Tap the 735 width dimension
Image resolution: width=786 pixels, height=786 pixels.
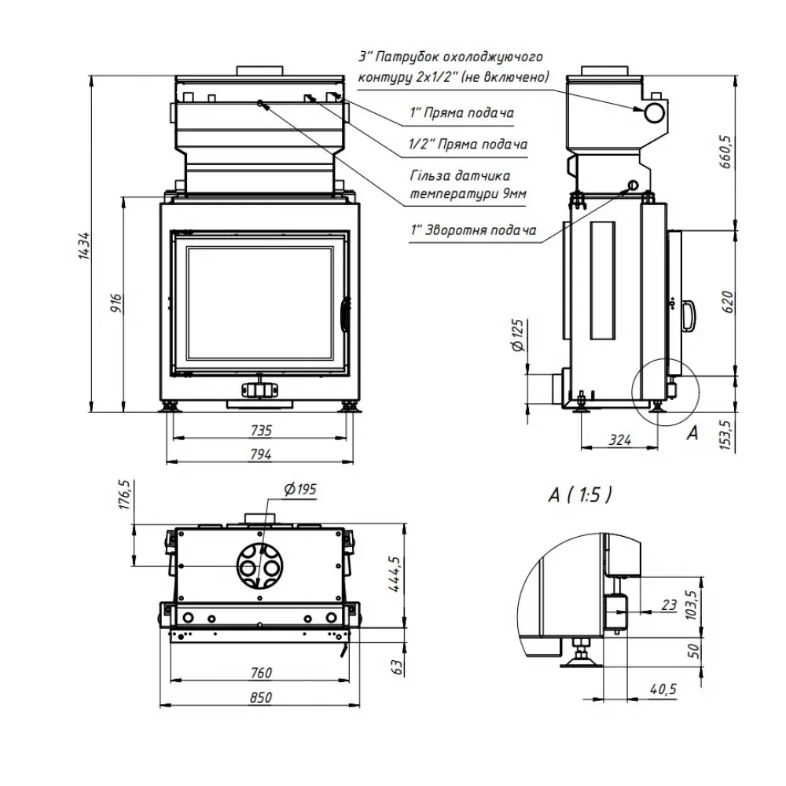[261, 430]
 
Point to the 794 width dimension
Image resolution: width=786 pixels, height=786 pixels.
[261, 454]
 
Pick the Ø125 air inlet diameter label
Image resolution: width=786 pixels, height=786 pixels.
[517, 336]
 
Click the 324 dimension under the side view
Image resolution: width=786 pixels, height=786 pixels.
[620, 440]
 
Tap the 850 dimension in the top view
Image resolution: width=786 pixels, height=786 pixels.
[261, 697]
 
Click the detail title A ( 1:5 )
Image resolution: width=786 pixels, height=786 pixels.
[580, 494]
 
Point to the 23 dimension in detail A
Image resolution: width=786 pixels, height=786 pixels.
[669, 605]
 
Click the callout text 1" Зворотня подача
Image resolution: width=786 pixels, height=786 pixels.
[473, 230]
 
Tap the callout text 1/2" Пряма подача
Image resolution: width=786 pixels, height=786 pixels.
[468, 145]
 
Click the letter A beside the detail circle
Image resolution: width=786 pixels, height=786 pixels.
[692, 432]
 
